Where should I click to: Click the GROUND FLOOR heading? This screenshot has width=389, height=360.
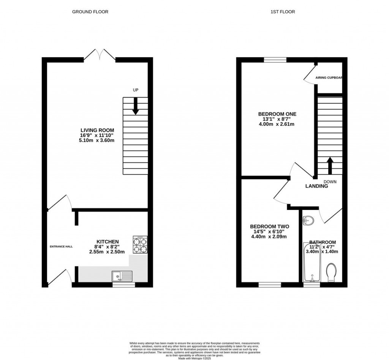[x=90, y=12]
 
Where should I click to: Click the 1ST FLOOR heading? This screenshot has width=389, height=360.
[x=282, y=12]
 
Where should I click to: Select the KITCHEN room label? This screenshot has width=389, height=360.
[x=108, y=242]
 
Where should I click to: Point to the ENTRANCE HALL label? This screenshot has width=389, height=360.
[x=61, y=246]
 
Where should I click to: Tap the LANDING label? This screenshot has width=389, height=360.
[x=317, y=186]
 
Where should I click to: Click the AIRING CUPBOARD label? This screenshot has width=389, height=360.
[x=329, y=77]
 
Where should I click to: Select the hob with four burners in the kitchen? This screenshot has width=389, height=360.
[x=140, y=245]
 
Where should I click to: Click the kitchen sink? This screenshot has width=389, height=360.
[x=122, y=275]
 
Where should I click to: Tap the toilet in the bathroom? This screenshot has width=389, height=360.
[x=331, y=273]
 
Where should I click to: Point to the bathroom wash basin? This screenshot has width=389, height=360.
[x=308, y=220]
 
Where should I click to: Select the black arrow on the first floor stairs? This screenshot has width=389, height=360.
[x=330, y=165]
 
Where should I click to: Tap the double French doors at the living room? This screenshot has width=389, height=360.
[x=100, y=55]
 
